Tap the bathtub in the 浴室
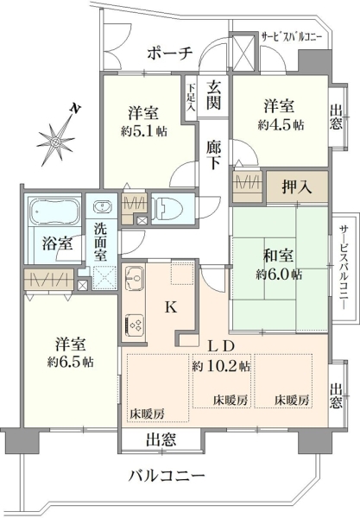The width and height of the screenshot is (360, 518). tap(54, 212)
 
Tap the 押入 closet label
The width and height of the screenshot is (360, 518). tap(297, 187)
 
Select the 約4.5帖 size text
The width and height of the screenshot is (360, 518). tap(281, 125)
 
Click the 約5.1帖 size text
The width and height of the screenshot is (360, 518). tap(143, 132)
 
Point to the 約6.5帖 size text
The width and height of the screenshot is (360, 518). tap(70, 363)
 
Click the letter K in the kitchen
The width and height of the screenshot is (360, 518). tap(171, 308)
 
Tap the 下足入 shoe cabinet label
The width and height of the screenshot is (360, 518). tap(192, 98)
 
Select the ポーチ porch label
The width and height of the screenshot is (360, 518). tap(170, 54)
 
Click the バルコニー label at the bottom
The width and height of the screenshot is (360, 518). tap(167, 476)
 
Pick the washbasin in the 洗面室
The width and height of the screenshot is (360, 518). tap(102, 207)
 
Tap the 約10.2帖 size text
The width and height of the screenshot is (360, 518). tap(221, 366)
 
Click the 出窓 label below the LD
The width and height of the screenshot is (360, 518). tap(161, 439)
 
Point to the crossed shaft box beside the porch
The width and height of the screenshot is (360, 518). tap(243, 52)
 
